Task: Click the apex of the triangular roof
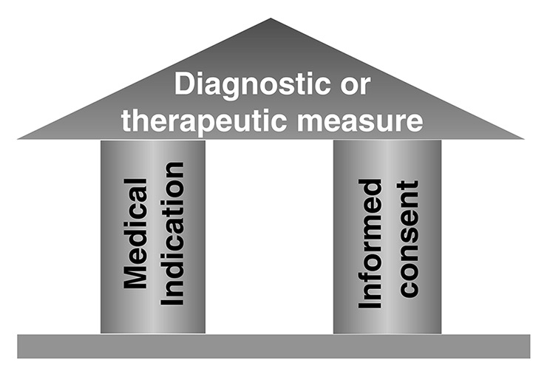pos(271,20)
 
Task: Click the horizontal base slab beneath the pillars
pos(273,346)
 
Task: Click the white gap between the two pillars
pos(269,237)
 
